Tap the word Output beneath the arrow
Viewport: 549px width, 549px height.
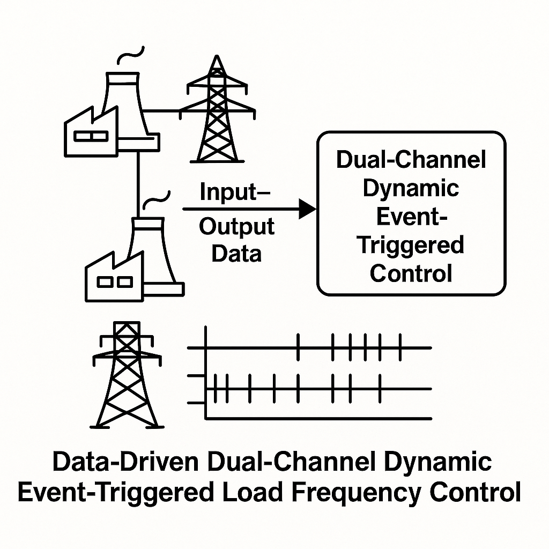pos(236,227)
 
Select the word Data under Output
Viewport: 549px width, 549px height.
pos(236,253)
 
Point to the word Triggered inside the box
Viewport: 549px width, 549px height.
pos(411,245)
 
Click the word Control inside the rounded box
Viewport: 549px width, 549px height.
pos(411,273)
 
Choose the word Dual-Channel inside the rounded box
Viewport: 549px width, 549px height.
pos(411,161)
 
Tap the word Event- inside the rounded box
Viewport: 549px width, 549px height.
pos(411,217)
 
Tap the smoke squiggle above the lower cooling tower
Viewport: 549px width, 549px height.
pos(159,199)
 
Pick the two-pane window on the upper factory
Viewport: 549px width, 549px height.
pos(91,137)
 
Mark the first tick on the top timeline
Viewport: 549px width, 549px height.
pos(298,347)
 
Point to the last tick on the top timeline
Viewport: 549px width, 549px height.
pos(399,347)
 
